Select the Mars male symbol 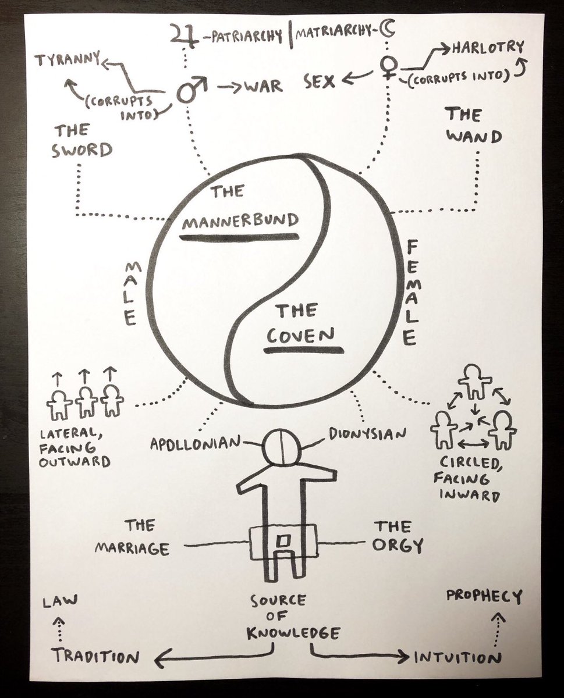[189, 91]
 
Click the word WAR [263, 87]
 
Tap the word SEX [320, 83]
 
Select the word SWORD [82, 151]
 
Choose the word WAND [474, 138]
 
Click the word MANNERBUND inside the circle [239, 220]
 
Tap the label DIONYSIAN [366, 433]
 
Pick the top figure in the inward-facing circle [475, 382]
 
